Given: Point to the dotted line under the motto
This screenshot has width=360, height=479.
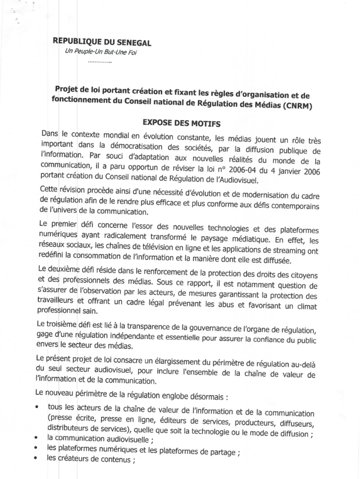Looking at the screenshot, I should coord(99,62).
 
